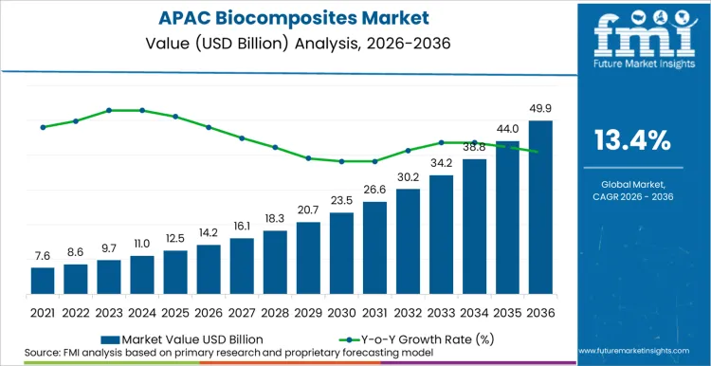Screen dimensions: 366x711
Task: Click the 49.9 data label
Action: [x=540, y=109]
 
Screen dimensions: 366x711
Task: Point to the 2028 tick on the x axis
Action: [x=275, y=310]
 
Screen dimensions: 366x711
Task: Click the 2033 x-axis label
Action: [x=441, y=310]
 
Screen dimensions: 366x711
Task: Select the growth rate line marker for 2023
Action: [x=109, y=110]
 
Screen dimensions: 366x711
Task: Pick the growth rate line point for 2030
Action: [x=341, y=161]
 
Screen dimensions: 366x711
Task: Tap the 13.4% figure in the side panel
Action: [x=632, y=141]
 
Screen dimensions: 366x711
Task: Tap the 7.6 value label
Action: [x=43, y=255]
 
